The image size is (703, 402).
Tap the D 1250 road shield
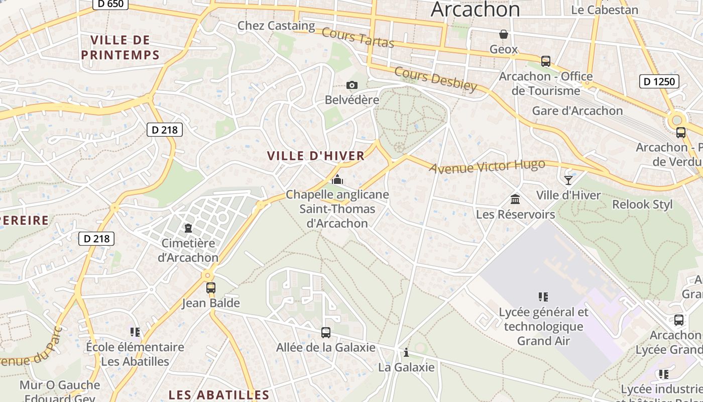659,81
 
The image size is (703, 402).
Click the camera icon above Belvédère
352,85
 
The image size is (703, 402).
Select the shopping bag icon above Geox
503,34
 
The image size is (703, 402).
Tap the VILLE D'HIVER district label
316,156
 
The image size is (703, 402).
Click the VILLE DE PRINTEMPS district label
121,47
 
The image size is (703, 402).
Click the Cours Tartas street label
358,37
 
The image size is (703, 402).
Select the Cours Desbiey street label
435,79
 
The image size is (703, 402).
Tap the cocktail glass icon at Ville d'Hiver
568,180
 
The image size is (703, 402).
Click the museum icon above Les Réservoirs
515,199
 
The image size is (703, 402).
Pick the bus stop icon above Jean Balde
211,288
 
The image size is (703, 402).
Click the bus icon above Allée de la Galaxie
326,332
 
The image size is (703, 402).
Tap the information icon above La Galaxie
406,352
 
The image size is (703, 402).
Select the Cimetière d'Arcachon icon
188,228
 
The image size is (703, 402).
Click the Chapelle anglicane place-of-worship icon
337,179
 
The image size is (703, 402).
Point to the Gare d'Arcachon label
577,111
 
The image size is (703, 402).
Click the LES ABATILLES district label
219,394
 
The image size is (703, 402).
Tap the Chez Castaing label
276,25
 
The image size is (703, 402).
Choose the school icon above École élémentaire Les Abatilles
135,332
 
